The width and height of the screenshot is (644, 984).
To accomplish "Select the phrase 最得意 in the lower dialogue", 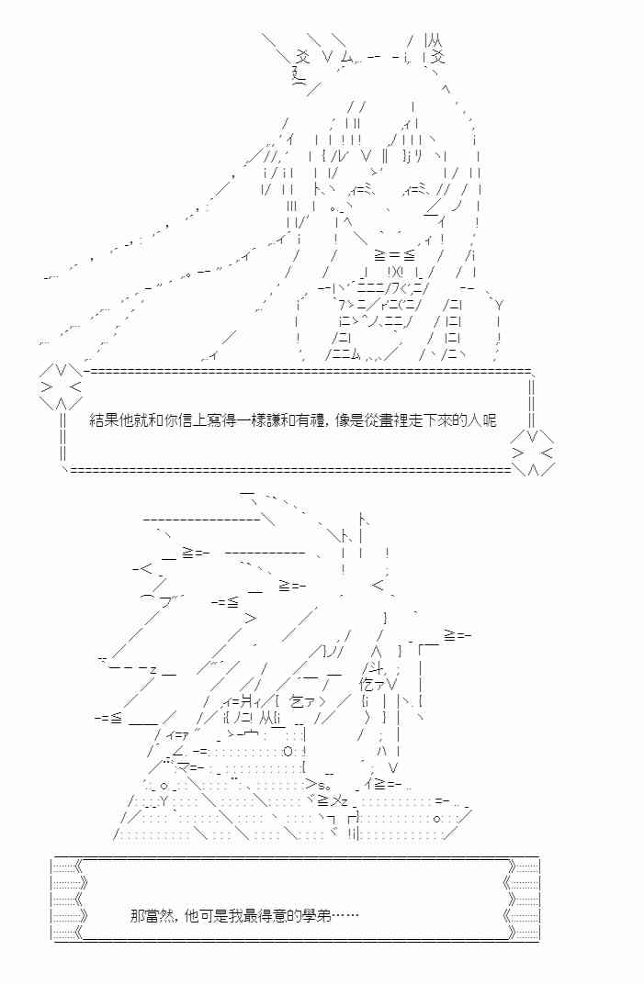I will click(x=271, y=915).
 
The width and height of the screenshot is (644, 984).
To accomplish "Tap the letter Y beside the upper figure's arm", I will click(x=499, y=304).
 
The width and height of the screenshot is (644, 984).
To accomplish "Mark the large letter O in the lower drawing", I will click(x=288, y=750).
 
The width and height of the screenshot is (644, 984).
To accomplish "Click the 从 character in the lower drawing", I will click(x=262, y=719).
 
